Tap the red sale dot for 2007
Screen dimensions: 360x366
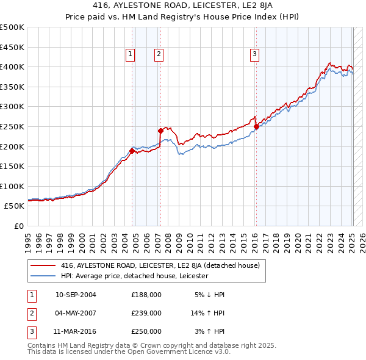click(160, 130)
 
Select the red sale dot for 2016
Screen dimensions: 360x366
click(256, 126)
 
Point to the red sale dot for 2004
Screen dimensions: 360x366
click(132, 151)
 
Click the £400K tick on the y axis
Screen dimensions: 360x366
click(12, 67)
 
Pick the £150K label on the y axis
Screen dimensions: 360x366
click(12, 166)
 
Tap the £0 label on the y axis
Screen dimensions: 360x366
click(19, 226)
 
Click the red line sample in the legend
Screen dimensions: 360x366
click(43, 265)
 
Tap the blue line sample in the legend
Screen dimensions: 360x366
click(43, 276)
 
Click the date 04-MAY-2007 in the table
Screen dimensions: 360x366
click(76, 313)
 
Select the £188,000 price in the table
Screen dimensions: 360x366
click(146, 295)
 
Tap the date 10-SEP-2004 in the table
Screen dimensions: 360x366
click(76, 295)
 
